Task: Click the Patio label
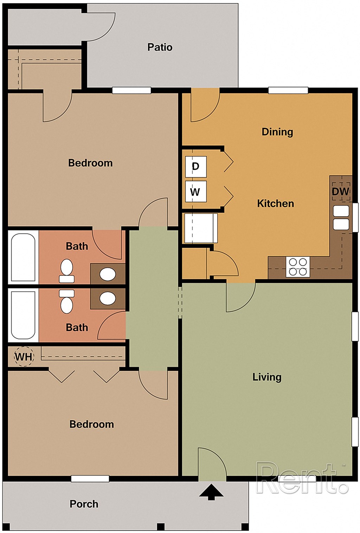(160, 47)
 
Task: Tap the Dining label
(277, 132)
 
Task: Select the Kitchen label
(275, 203)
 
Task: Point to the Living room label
(267, 377)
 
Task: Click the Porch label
(84, 504)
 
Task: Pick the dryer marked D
(195, 167)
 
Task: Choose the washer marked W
(195, 192)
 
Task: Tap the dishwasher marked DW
(340, 191)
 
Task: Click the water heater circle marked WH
(24, 357)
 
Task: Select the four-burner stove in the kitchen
(297, 267)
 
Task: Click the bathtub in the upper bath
(23, 258)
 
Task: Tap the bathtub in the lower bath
(23, 315)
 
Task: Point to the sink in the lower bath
(108, 298)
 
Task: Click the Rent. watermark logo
(302, 478)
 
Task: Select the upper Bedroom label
(90, 163)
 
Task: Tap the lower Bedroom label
(91, 424)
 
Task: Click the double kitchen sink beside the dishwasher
(341, 217)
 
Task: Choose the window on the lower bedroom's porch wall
(90, 479)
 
